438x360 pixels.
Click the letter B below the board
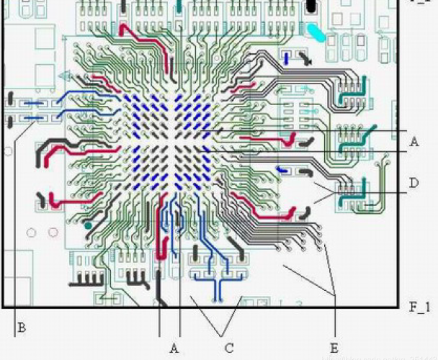pos(22,328)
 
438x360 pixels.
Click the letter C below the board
pos(229,348)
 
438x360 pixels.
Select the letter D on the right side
pos(414,184)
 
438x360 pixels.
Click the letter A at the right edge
pos(414,142)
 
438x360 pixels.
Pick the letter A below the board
pos(174,348)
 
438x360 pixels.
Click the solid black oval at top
pos(311,6)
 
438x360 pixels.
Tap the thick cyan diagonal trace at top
pos(316,32)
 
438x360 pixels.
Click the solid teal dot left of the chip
pos(88,226)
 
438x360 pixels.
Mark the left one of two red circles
pos(32,233)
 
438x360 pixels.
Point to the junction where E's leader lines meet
pos(336,294)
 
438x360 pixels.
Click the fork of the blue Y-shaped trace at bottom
pos(215,281)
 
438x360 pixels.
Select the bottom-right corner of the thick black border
pos(401,307)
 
